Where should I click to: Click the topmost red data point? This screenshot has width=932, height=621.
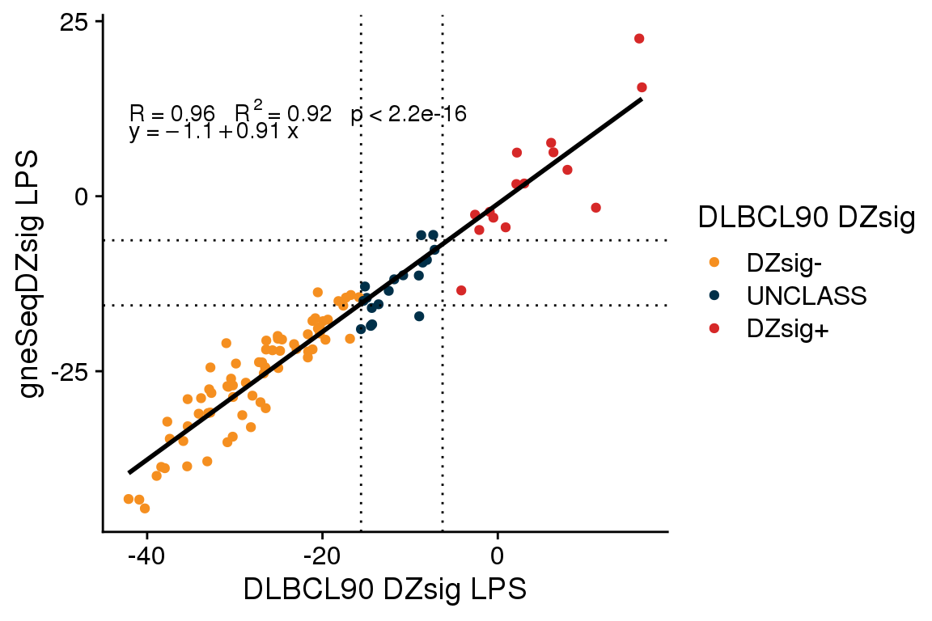639,39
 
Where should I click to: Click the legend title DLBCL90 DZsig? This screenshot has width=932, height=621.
806,218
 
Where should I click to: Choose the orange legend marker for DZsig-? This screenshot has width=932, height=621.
714,261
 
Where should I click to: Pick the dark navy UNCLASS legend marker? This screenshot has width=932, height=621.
714,296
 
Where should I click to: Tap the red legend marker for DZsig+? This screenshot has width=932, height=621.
714,330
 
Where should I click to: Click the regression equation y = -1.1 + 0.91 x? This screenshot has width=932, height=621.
214,132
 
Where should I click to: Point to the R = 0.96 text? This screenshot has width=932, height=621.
172,114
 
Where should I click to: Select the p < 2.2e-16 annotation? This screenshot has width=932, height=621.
409,115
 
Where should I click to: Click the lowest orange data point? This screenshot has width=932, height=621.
145,508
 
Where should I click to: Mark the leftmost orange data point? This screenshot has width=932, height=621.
128,499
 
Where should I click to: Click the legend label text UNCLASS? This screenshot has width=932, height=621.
807,296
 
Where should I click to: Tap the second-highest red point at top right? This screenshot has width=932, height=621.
642,87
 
